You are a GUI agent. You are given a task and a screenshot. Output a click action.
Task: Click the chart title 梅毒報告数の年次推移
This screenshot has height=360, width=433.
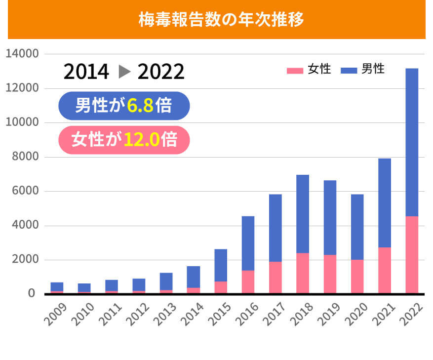click(220, 20)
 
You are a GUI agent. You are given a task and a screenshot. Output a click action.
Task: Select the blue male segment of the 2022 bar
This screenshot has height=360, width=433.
click(412, 142)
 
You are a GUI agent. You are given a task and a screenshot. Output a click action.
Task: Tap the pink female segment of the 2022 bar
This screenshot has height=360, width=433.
click(412, 255)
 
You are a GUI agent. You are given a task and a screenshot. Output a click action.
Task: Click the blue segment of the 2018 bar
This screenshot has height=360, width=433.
click(303, 214)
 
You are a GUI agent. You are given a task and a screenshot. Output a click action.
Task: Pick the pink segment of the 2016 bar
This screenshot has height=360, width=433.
click(248, 282)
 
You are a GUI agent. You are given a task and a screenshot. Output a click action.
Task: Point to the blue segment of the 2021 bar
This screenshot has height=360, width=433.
click(385, 202)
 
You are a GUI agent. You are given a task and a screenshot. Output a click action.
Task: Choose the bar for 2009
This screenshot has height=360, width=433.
click(57, 287)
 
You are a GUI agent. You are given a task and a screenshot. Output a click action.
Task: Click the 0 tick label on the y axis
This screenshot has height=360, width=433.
click(32, 294)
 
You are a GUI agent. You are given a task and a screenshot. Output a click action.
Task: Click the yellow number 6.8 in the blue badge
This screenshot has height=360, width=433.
click(140, 106)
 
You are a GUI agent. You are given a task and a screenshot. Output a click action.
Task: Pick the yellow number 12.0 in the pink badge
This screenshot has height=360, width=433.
click(141, 140)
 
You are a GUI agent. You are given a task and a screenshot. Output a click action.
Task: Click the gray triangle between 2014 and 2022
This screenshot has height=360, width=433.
click(124, 72)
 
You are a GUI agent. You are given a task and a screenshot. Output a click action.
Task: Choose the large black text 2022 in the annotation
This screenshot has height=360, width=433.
click(161, 72)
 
